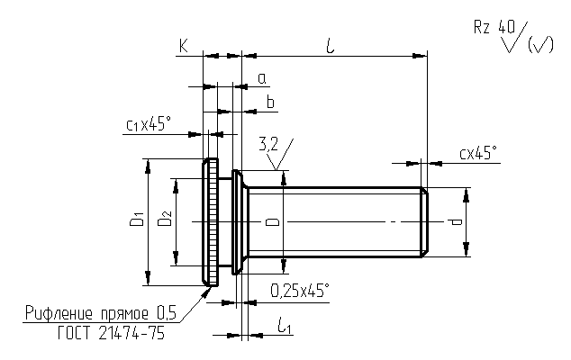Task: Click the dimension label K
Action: tap(184, 46)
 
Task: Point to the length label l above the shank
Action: tap(331, 46)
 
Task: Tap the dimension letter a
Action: tap(262, 79)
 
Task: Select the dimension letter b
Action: tap(270, 102)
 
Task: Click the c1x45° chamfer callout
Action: tap(149, 124)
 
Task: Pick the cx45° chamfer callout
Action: tap(477, 153)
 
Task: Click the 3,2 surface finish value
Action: tap(268, 145)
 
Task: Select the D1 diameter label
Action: tap(137, 219)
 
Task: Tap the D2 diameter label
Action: tap(165, 219)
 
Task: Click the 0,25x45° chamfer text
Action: tap(300, 291)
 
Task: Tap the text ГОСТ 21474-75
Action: tap(111, 333)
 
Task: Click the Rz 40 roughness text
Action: tap(494, 27)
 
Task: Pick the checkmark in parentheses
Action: tap(540, 44)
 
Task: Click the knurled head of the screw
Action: tap(211, 222)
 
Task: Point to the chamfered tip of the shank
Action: tap(424, 222)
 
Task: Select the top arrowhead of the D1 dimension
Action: tap(148, 166)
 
